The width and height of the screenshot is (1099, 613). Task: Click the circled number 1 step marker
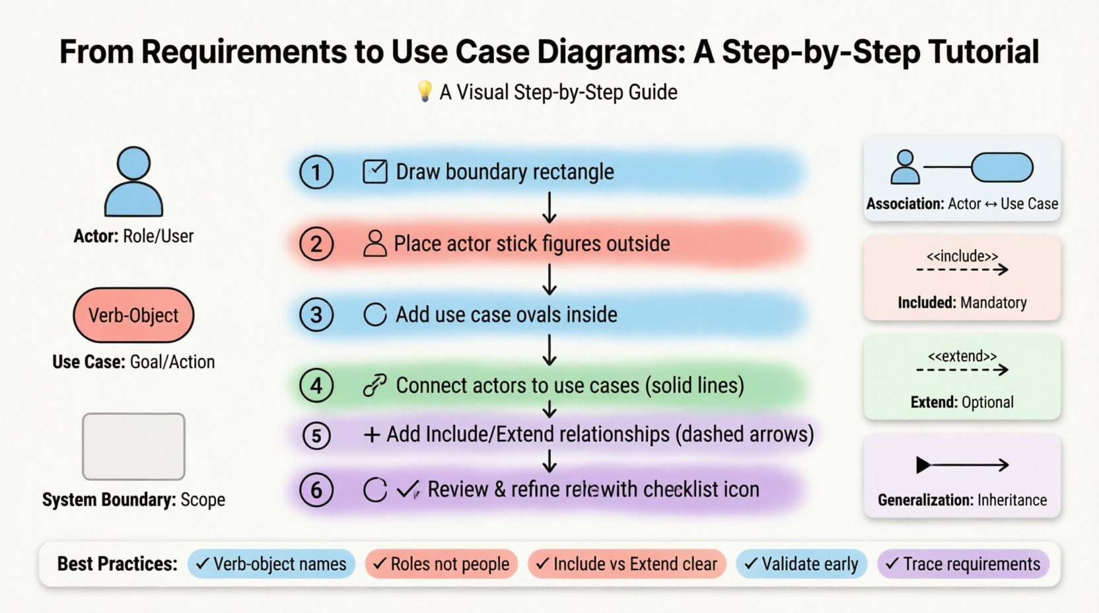pyautogui.click(x=316, y=172)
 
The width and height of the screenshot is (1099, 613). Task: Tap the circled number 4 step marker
pyautogui.click(x=316, y=386)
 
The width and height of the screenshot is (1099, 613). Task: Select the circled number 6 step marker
pyautogui.click(x=316, y=490)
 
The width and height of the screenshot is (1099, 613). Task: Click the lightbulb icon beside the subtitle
pyautogui.click(x=425, y=91)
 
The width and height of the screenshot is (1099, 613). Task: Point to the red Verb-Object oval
pyautogui.click(x=133, y=315)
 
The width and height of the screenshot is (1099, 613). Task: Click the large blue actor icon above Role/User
pyautogui.click(x=133, y=182)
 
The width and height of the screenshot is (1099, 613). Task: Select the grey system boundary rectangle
pyautogui.click(x=133, y=447)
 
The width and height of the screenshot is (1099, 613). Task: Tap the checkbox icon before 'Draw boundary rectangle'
pyautogui.click(x=375, y=172)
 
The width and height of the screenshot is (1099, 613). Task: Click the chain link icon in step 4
pyautogui.click(x=374, y=386)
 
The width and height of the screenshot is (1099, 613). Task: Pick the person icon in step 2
pyautogui.click(x=374, y=244)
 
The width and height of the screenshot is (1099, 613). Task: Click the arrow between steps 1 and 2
pyautogui.click(x=549, y=207)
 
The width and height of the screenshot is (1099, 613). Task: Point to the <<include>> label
pyautogui.click(x=962, y=256)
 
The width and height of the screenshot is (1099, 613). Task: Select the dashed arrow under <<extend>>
pyautogui.click(x=962, y=370)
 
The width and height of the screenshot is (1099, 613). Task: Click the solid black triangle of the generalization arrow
pyautogui.click(x=923, y=465)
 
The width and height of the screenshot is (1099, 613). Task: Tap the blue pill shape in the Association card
pyautogui.click(x=1002, y=167)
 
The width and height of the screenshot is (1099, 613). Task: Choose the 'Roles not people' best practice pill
pyautogui.click(x=441, y=564)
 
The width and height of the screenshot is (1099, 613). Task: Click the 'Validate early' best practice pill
pyautogui.click(x=801, y=564)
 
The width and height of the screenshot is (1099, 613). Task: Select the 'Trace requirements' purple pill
pyautogui.click(x=963, y=564)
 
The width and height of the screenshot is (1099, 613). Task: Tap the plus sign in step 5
pyautogui.click(x=372, y=435)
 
